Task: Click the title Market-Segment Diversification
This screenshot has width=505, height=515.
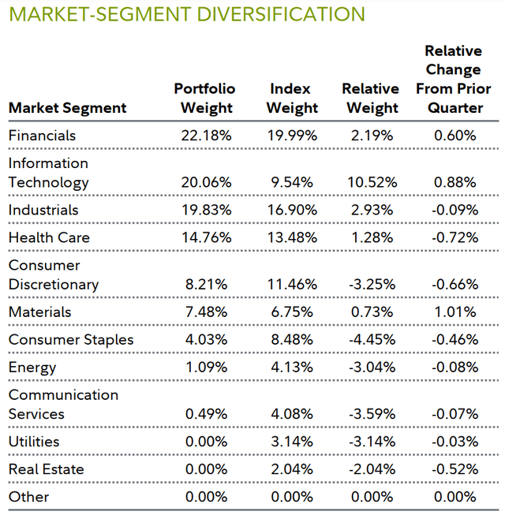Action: click(x=186, y=15)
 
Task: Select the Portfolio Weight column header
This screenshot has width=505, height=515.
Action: click(x=204, y=99)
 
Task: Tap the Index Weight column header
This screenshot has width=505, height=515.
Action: click(x=293, y=99)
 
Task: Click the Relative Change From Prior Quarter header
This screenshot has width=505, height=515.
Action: click(x=454, y=80)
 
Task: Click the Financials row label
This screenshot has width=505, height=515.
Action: click(x=42, y=136)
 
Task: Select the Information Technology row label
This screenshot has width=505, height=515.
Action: click(x=48, y=173)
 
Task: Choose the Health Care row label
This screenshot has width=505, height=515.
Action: click(x=49, y=237)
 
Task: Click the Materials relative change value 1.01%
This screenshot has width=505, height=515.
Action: click(x=454, y=312)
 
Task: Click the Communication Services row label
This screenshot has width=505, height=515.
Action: click(x=63, y=404)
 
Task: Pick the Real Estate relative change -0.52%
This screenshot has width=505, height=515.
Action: click(x=453, y=469)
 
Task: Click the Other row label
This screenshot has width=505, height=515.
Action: click(x=28, y=497)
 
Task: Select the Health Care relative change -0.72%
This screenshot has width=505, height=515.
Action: click(x=453, y=237)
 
